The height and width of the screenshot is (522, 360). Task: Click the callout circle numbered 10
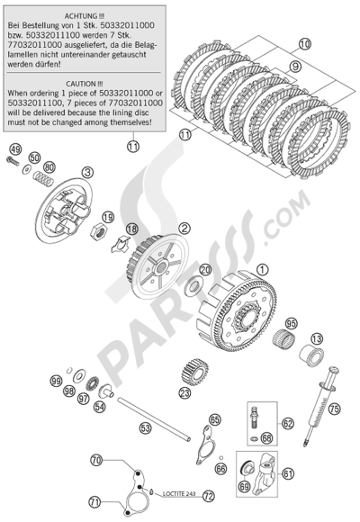pos(304,43)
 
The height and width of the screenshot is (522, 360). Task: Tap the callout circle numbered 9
pos(294,67)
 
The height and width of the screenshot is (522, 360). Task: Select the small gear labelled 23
pos(195,372)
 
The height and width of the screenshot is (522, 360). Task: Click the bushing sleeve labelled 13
pos(312,355)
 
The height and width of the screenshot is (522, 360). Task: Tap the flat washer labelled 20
pos(194,285)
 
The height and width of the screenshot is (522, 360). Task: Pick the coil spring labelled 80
pos(43,178)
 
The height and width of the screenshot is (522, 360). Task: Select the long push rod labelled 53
pos(154,419)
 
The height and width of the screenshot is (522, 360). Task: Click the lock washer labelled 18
pos(121,244)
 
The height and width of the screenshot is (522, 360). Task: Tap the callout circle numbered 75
pos(335,408)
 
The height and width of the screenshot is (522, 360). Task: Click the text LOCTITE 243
pos(179,494)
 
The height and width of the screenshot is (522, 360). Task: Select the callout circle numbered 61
pos(288,473)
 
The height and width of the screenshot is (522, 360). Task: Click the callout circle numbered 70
pos(96,461)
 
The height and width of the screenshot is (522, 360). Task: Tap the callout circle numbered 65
pos(215,419)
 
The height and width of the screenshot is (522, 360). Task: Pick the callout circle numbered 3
pos(87,173)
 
